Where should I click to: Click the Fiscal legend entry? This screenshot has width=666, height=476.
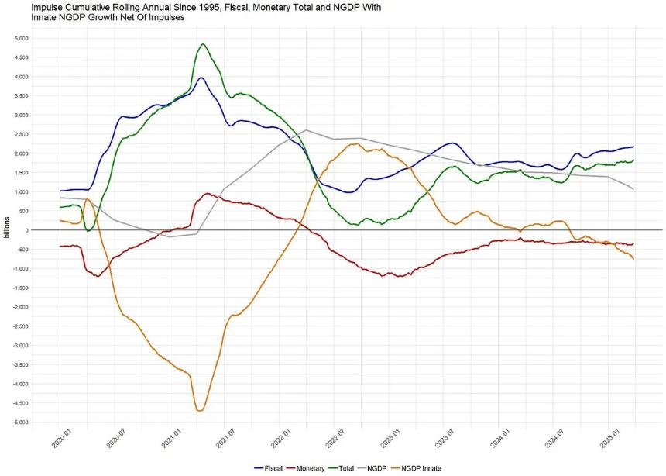(268, 468)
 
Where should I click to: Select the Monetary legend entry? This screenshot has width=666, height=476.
(305, 468)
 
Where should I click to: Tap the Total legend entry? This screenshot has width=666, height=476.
(341, 468)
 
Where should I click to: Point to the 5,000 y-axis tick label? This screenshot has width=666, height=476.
(21, 38)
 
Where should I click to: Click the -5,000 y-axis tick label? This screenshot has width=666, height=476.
(20, 422)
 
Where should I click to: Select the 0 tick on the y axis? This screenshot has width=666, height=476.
(26, 230)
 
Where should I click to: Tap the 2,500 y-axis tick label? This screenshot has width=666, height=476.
(21, 134)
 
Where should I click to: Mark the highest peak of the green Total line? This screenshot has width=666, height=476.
(203, 44)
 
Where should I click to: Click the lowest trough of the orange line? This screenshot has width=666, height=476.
(200, 410)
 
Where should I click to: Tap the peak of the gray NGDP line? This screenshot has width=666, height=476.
(306, 129)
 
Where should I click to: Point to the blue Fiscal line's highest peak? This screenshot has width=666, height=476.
(201, 78)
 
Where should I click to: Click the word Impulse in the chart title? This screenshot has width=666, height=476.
(46, 8)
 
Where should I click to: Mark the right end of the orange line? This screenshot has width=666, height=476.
(633, 259)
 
